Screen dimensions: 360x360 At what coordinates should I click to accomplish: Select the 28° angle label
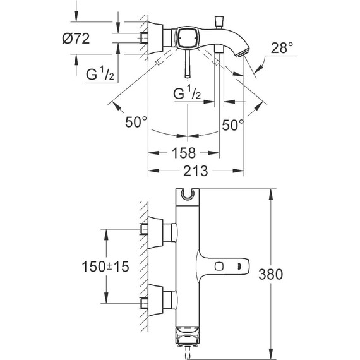pyautogui.click(x=282, y=47)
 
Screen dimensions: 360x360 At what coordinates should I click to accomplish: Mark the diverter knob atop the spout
pyautogui.click(x=221, y=20)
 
